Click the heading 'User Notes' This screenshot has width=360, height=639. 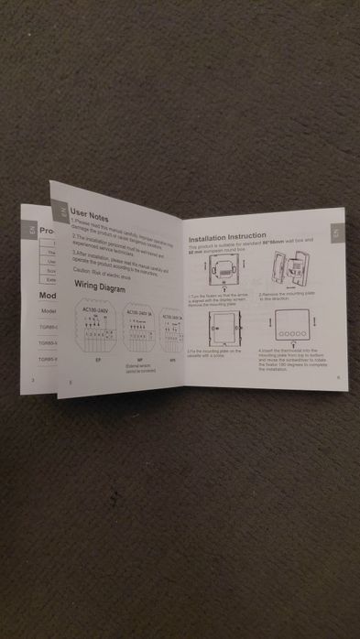coord(89,219)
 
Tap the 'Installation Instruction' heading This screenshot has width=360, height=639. coord(227,236)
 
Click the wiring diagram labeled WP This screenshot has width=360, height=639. coord(137,337)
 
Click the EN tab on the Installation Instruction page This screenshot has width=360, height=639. coord(336,233)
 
